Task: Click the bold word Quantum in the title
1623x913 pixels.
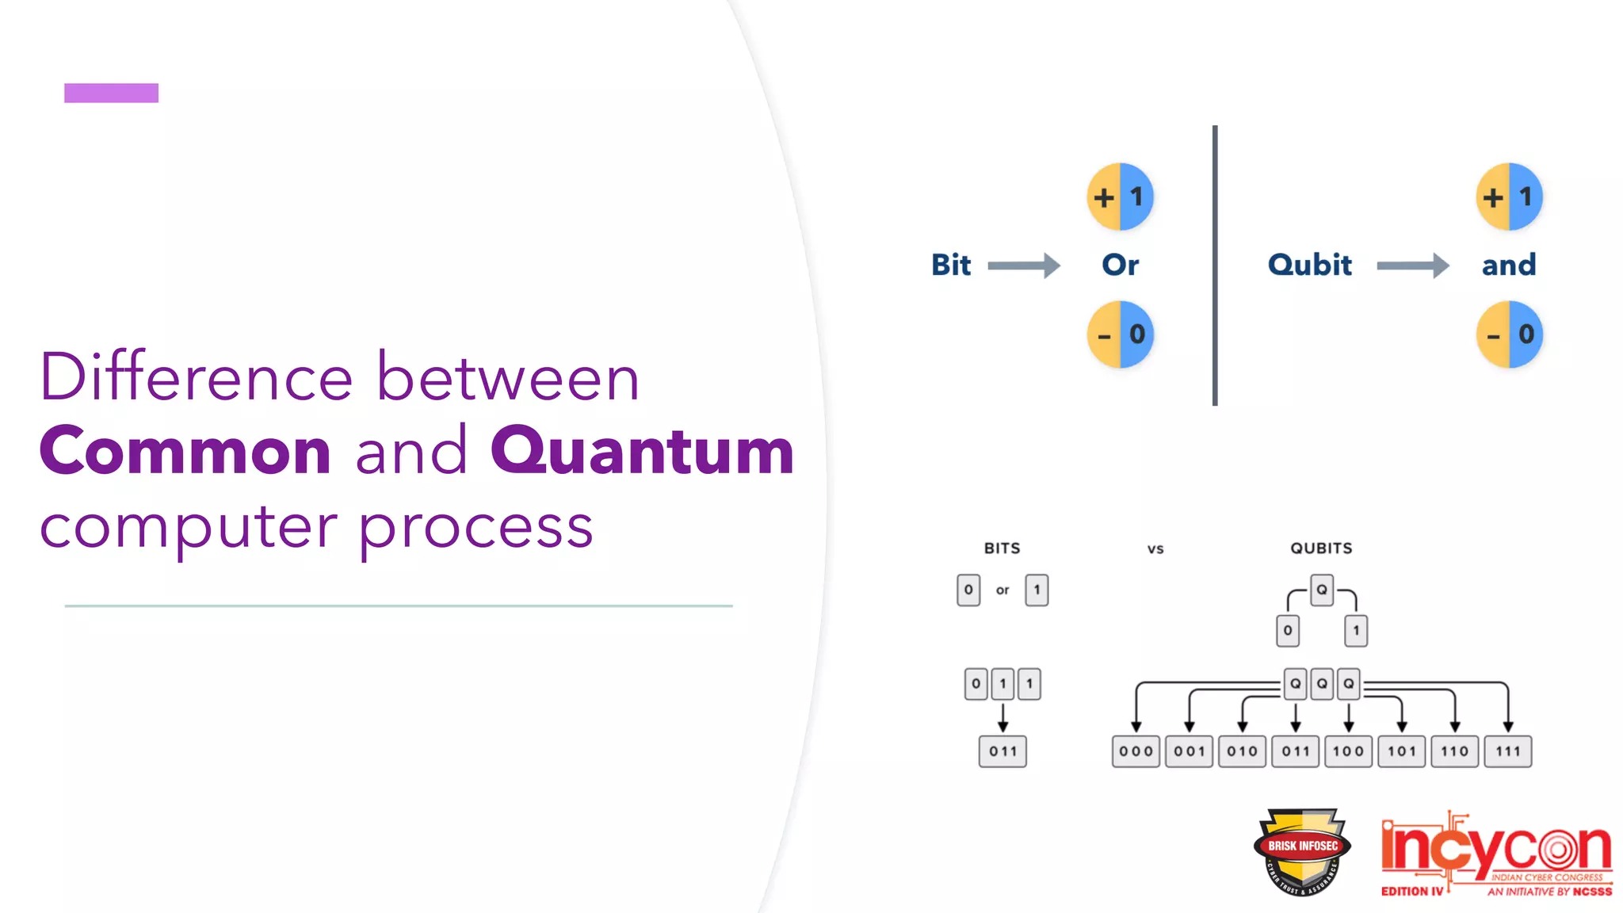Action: (x=642, y=452)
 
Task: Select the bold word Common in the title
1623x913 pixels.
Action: (x=185, y=452)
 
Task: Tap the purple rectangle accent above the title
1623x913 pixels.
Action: (x=111, y=93)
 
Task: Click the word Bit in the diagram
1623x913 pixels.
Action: (x=951, y=265)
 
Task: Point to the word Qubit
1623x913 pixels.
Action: (x=1309, y=265)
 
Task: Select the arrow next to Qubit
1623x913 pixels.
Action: (x=1413, y=265)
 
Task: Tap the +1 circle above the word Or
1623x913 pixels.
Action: (x=1120, y=197)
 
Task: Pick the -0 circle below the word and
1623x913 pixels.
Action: (x=1510, y=334)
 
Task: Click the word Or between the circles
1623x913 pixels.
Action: (x=1120, y=265)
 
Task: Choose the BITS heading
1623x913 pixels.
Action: (x=1002, y=548)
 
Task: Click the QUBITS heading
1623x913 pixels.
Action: (x=1321, y=548)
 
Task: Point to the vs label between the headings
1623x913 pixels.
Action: (x=1155, y=549)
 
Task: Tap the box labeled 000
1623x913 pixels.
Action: (x=1136, y=751)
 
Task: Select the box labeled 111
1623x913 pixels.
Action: (x=1508, y=751)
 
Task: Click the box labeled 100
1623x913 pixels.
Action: (x=1348, y=751)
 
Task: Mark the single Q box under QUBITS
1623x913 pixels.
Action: (x=1322, y=590)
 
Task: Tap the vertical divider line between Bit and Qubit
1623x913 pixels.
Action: (x=1215, y=265)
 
